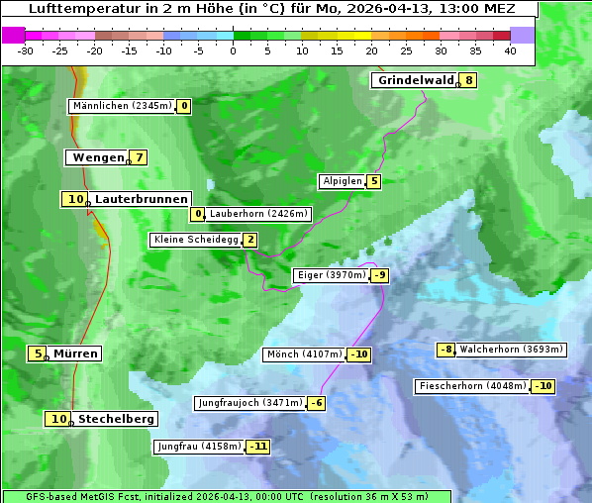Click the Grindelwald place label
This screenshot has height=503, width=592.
click(415, 81)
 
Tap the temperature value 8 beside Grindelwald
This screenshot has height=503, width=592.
click(468, 81)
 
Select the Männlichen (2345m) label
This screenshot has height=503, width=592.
click(122, 106)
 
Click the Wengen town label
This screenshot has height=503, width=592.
click(97, 157)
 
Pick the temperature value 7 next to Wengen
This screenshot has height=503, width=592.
click(140, 157)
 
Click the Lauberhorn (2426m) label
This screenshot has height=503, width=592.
click(259, 213)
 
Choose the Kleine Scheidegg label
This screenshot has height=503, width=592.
click(196, 240)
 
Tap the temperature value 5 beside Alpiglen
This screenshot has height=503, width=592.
click(374, 181)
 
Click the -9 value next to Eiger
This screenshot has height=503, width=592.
click(380, 275)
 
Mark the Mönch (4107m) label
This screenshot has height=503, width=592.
click(304, 354)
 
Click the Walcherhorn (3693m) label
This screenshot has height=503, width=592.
click(512, 350)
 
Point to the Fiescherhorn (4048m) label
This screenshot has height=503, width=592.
click(472, 386)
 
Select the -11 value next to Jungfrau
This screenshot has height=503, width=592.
click(258, 447)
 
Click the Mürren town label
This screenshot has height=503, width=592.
click(75, 353)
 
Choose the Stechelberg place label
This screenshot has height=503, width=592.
click(116, 419)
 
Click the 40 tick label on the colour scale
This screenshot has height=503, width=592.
click(510, 50)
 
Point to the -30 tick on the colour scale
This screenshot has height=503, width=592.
click(26, 50)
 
